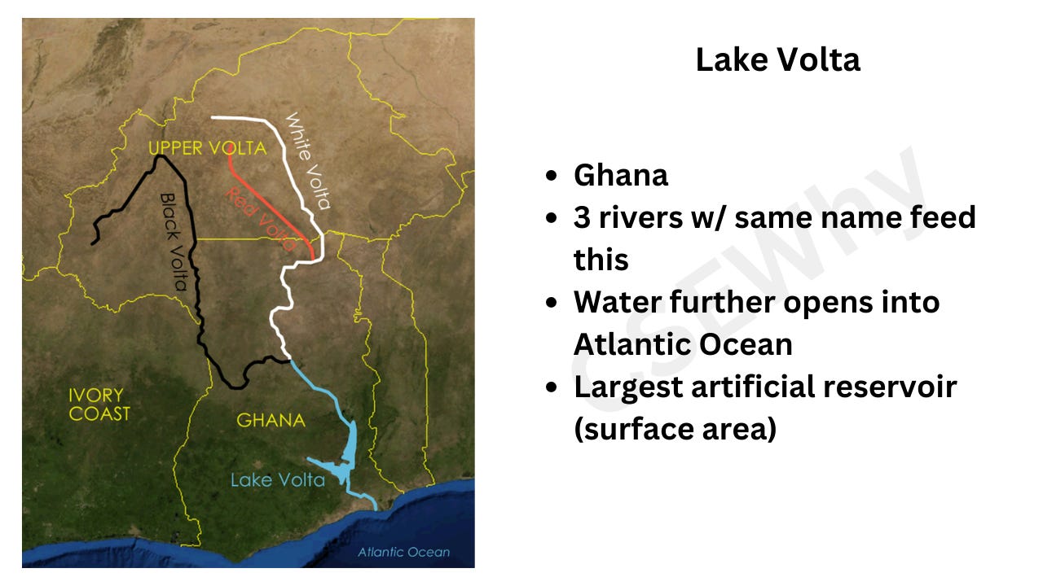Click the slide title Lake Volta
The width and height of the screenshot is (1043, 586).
[777, 60]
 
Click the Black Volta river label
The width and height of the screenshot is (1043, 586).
[174, 242]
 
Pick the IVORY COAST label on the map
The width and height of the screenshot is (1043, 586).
[99, 405]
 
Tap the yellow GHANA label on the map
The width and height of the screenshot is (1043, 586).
[271, 421]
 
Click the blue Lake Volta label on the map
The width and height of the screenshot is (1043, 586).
[277, 479]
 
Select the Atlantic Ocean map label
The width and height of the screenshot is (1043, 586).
[403, 552]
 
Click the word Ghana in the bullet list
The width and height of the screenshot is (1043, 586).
[621, 175]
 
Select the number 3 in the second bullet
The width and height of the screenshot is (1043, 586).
[583, 217]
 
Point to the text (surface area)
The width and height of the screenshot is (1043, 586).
[675, 429]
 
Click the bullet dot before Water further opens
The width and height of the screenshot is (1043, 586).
[553, 302]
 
